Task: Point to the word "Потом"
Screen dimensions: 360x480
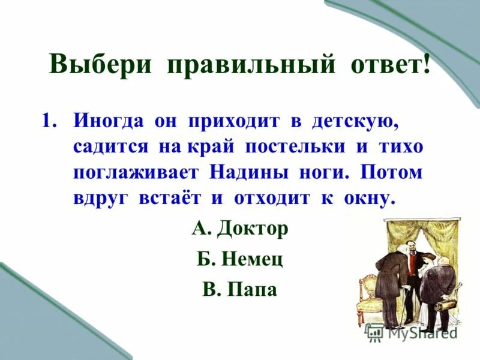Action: pos(392,172)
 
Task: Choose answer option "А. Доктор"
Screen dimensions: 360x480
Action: pos(240,229)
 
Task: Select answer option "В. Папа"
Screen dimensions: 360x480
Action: pos(239,290)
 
